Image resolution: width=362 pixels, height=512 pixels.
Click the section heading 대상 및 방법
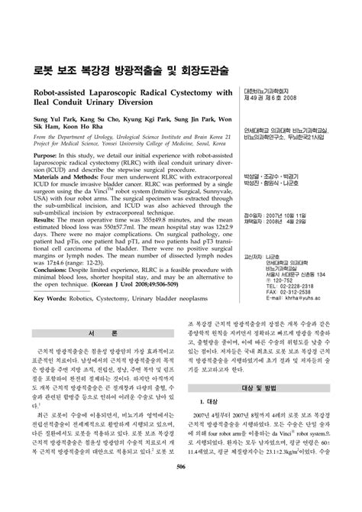tap(259, 431)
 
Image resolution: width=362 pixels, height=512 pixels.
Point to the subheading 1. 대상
tap(210, 444)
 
